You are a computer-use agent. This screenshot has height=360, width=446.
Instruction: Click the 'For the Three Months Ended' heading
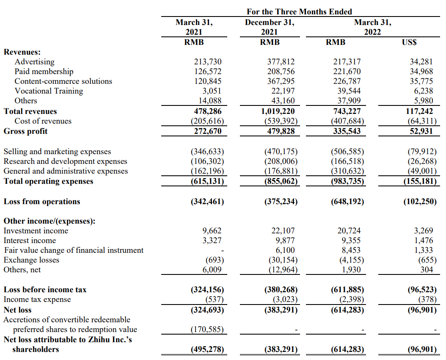[299, 12]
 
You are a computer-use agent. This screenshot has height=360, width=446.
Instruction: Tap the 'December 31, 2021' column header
[270, 27]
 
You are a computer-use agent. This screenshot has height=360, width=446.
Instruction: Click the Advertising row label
[34, 62]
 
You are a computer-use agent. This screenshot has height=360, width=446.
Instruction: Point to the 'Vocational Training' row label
[49, 91]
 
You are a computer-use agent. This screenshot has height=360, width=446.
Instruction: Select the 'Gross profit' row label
[25, 131]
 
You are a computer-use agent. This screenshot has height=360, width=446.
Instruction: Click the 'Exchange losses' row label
[31, 260]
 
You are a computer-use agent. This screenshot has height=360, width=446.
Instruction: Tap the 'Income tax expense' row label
[37, 299]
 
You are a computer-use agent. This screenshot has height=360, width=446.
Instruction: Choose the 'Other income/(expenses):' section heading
[50, 221]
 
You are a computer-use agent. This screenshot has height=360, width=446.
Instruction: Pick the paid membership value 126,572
[208, 72]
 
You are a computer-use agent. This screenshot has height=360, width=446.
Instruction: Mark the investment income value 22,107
[283, 231]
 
